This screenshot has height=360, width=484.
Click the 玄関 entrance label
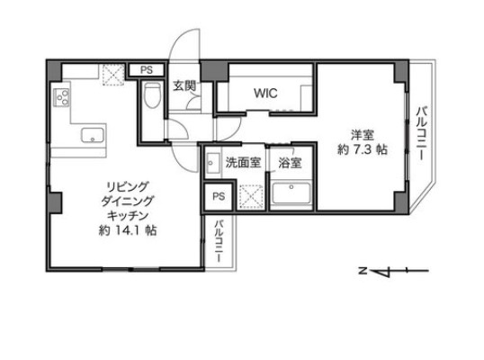(x=184, y=85)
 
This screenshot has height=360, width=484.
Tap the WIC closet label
(x=265, y=93)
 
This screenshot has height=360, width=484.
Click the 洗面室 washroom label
(x=243, y=163)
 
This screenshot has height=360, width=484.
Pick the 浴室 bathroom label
(x=290, y=163)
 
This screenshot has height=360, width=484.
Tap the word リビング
(x=121, y=187)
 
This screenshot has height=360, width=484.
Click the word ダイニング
(x=121, y=202)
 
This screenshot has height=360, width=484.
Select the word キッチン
(x=121, y=216)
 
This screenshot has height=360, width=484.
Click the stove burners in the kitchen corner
(x=62, y=97)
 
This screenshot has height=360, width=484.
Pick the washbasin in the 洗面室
(x=213, y=164)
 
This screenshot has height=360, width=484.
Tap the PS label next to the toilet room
(x=147, y=69)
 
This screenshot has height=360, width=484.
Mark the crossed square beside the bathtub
(x=252, y=194)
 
